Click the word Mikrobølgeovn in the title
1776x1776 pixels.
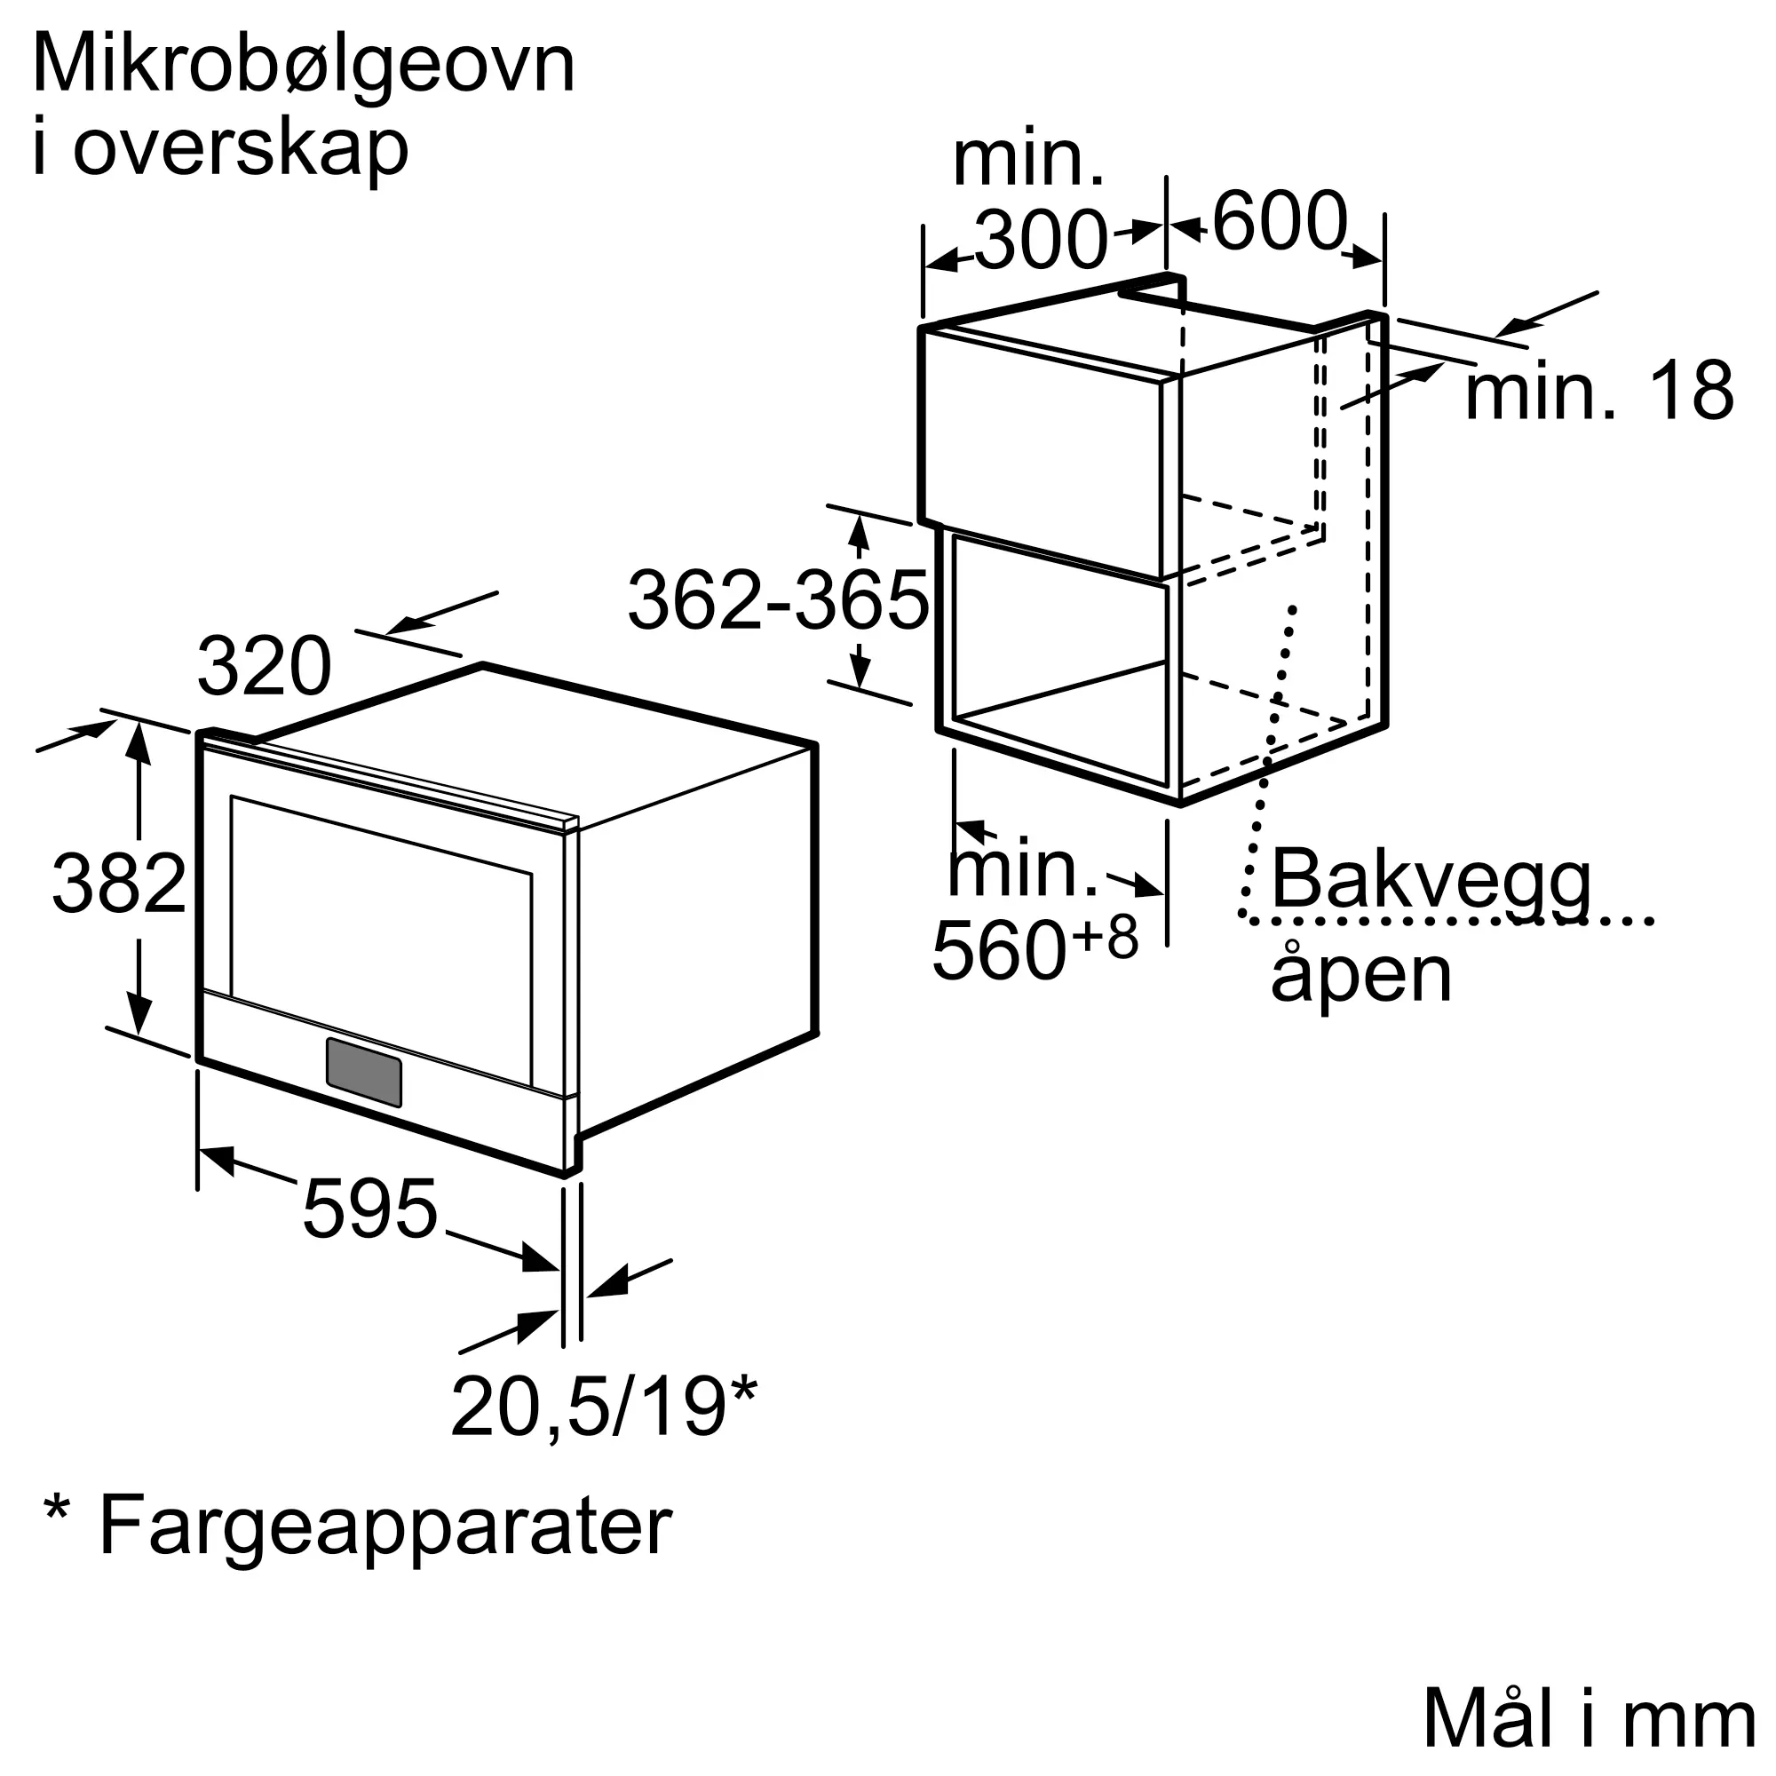(304, 67)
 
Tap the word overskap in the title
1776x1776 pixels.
(240, 149)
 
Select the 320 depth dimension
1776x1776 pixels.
(264, 667)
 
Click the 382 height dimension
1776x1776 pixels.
(120, 884)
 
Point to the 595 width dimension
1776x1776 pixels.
(369, 1209)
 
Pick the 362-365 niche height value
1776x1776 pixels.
(778, 601)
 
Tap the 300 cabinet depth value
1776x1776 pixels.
(1041, 241)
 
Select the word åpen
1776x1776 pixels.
(1360, 974)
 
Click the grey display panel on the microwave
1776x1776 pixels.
(364, 1073)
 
